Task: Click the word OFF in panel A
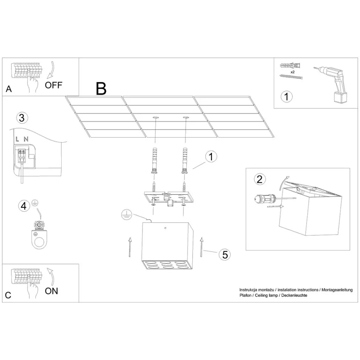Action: point(53,85)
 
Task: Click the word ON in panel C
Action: point(52,291)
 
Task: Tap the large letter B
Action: point(101,89)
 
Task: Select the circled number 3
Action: point(22,118)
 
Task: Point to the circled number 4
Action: point(24,206)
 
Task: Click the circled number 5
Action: point(224,255)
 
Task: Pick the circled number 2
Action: point(259,179)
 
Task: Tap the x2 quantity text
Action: point(292,71)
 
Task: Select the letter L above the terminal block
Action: point(17,139)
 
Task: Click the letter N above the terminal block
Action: point(26,139)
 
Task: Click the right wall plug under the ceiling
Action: point(184,161)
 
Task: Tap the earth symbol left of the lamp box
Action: point(126,214)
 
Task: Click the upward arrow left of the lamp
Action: point(130,247)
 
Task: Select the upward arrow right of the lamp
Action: point(201,247)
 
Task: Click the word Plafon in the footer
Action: point(245,295)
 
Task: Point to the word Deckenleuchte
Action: point(296,295)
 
